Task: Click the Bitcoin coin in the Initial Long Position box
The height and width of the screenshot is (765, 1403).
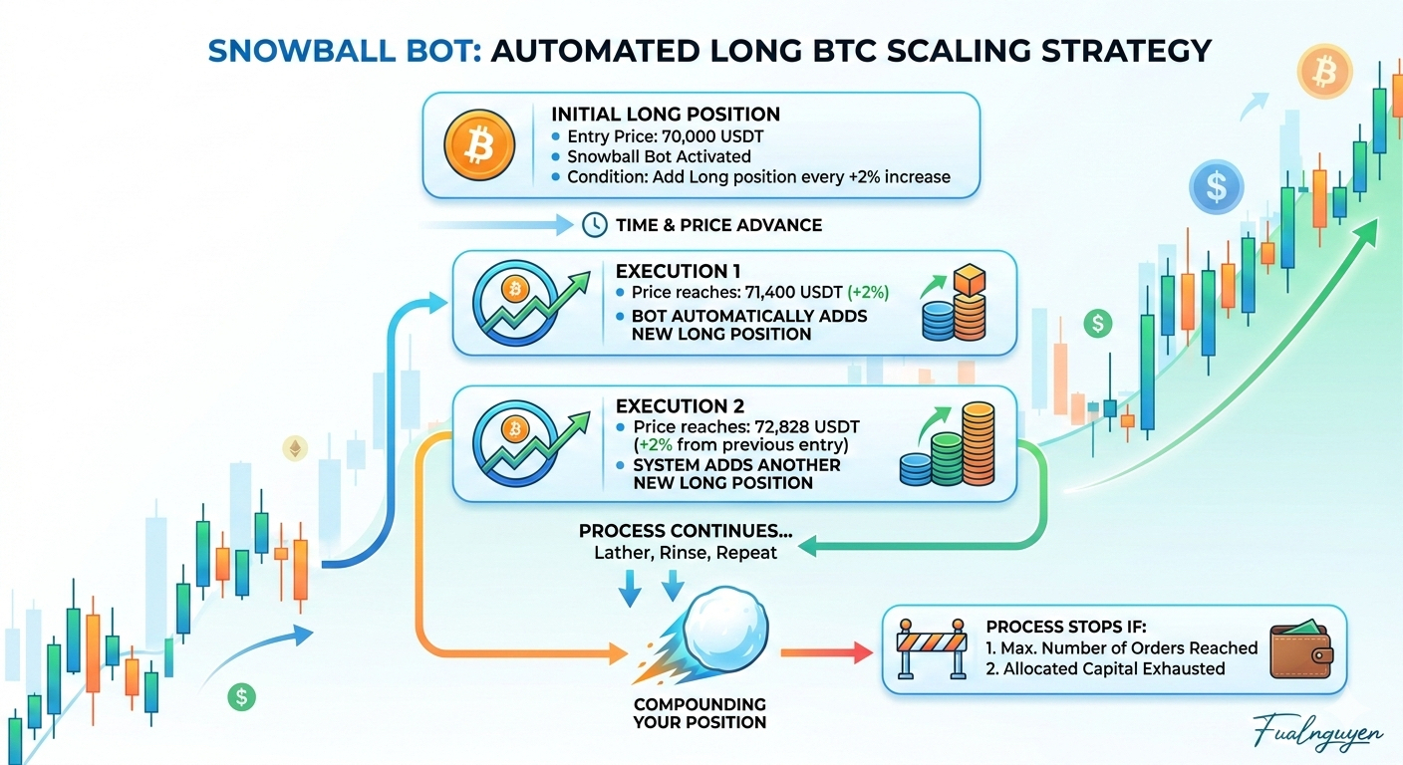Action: point(476,144)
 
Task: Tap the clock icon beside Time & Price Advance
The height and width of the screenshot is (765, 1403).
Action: point(593,224)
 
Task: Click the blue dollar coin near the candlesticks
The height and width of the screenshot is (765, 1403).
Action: point(1215,186)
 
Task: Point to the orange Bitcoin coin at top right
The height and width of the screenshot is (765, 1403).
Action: point(1324,73)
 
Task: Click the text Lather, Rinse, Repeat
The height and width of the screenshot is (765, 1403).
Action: point(678,553)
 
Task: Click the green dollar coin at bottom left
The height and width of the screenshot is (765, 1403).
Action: point(241,696)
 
